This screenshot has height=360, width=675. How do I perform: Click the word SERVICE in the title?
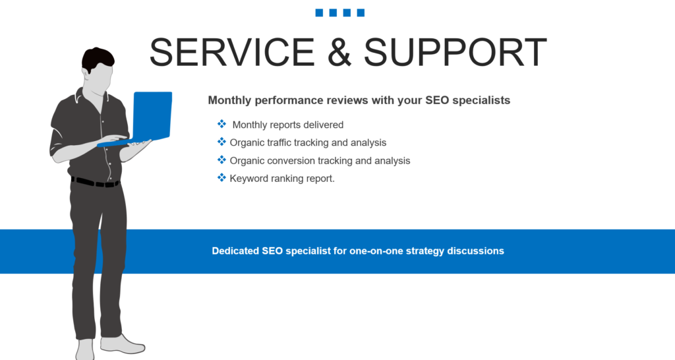click(232, 52)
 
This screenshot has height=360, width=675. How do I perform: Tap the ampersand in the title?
click(339, 52)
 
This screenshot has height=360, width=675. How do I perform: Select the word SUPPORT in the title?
click(455, 52)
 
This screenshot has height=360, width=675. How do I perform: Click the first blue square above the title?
click(319, 13)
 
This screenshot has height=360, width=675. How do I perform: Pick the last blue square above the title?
click(361, 13)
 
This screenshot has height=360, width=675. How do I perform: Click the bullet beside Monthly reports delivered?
click(221, 124)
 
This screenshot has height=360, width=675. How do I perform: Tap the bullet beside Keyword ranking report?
click(221, 177)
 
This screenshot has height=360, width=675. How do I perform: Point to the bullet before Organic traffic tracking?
click(221, 142)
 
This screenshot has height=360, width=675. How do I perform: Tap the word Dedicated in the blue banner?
click(235, 251)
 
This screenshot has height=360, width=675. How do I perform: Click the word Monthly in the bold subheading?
click(229, 100)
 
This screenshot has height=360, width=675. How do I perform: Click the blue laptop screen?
click(152, 115)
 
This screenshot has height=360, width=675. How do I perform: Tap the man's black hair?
click(98, 59)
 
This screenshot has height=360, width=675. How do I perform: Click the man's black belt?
click(95, 183)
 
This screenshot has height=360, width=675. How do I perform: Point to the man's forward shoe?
click(122, 344)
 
